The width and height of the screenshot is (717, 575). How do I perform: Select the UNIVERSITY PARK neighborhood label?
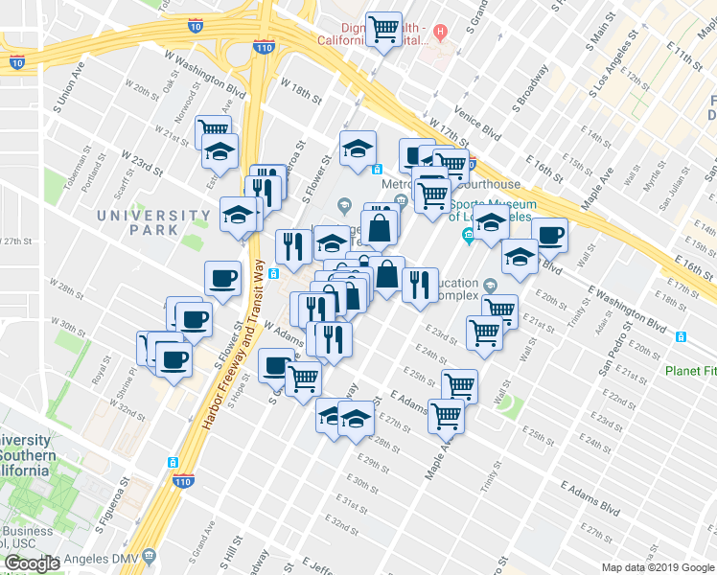(140, 222)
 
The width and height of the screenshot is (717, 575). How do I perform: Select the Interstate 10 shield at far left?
(17, 61)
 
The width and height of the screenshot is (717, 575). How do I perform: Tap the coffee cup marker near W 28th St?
(222, 279)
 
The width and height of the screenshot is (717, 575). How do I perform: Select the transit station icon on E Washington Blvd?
(682, 336)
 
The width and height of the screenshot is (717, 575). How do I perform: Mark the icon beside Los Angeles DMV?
(149, 556)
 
